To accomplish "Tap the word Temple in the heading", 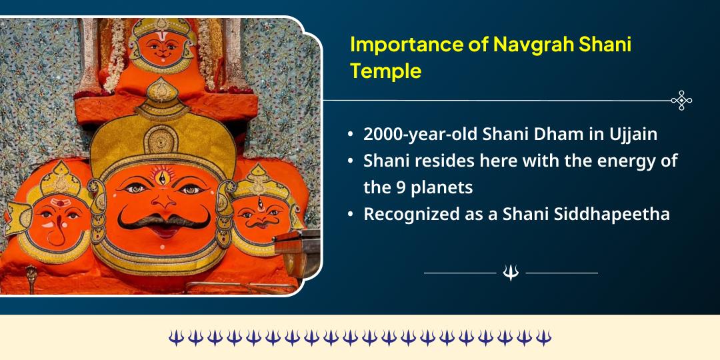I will pos(386,71).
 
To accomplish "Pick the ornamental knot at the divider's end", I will pos(681,101).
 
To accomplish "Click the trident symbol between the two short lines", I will pos(511,273).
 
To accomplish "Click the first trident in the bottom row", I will pos(175,338).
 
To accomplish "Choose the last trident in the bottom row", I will pos(544,338).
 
